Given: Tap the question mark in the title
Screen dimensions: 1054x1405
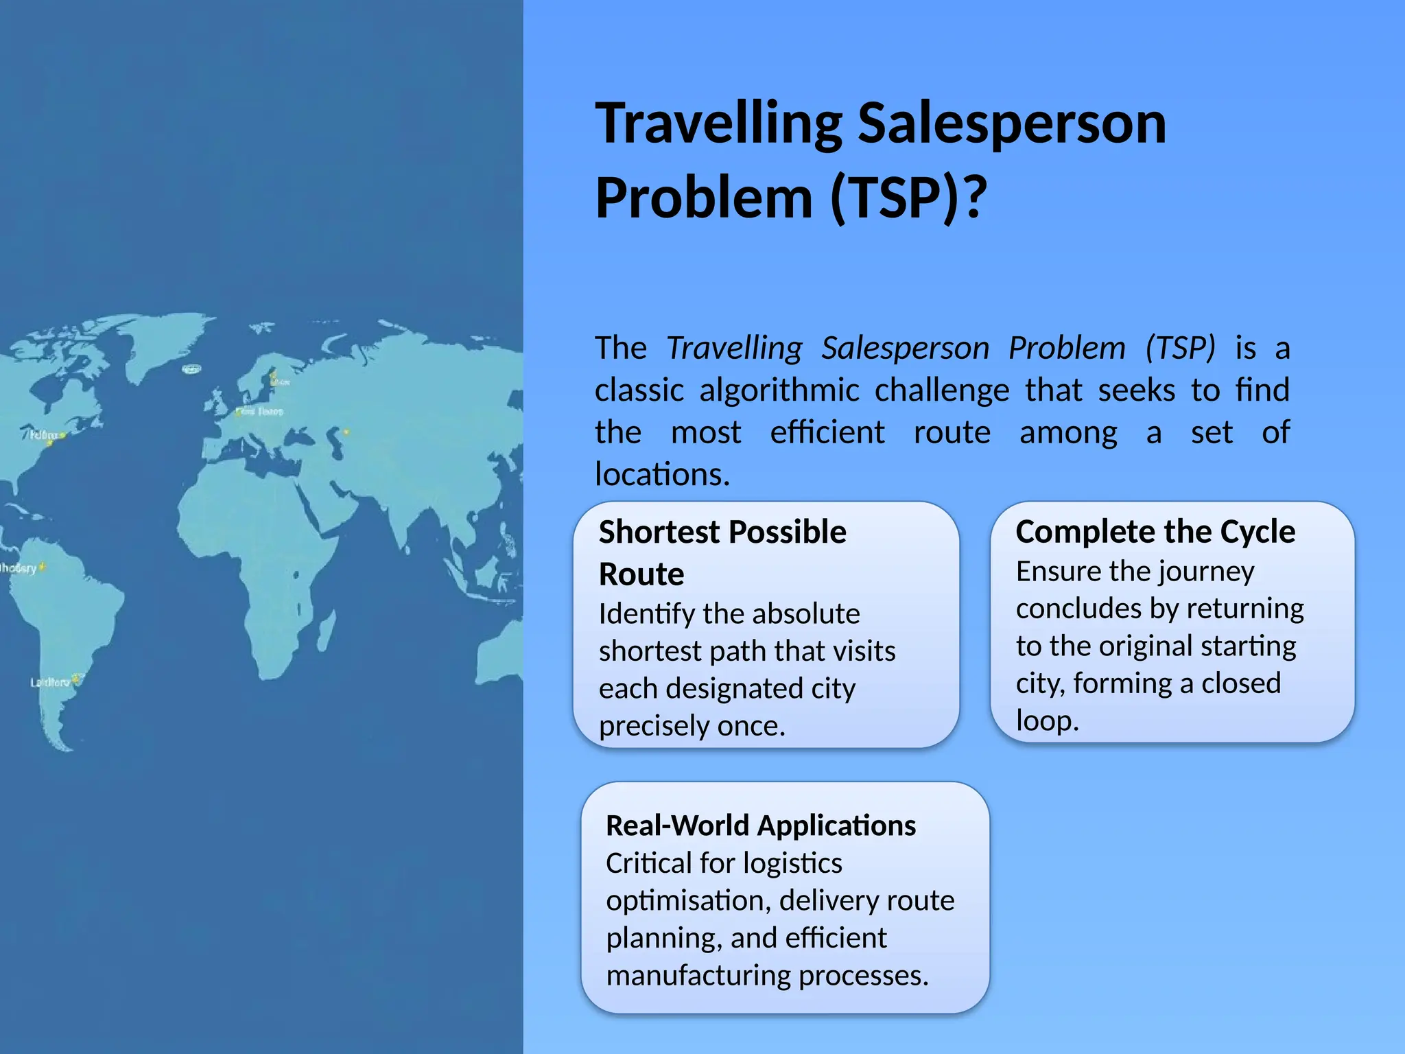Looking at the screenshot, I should point(973,198).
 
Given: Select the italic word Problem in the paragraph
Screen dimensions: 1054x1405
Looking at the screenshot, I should point(1067,348).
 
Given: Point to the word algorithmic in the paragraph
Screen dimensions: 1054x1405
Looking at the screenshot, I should point(779,390).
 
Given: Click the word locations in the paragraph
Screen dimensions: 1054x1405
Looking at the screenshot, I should point(661,474).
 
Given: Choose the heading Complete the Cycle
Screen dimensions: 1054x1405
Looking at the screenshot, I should point(1155,532).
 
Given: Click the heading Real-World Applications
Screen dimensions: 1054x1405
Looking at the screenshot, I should point(761,825).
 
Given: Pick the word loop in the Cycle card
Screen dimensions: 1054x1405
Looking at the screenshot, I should point(1047,721).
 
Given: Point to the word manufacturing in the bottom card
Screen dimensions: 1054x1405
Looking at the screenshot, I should point(698,975).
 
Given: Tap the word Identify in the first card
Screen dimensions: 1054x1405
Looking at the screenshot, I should point(646,613).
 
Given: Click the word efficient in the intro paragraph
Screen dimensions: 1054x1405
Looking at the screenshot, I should point(827,433).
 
